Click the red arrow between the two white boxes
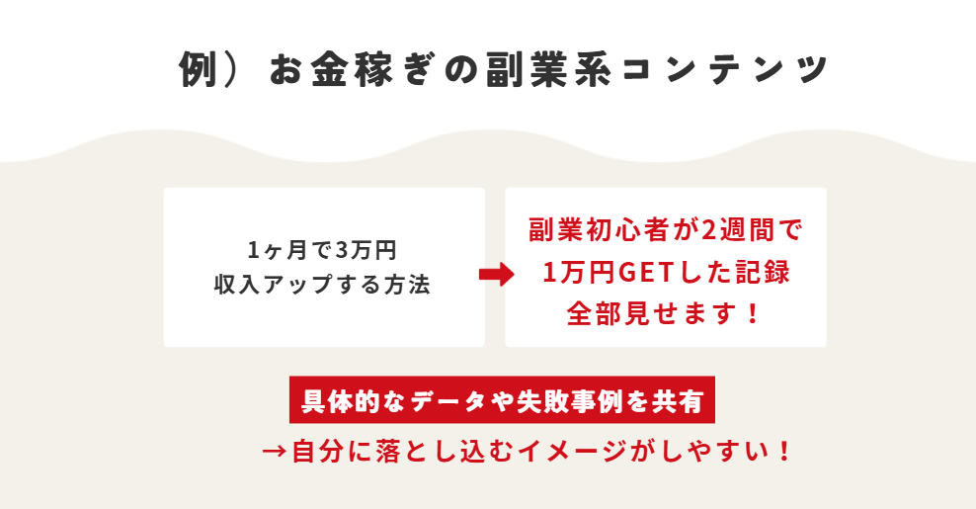coord(496,275)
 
